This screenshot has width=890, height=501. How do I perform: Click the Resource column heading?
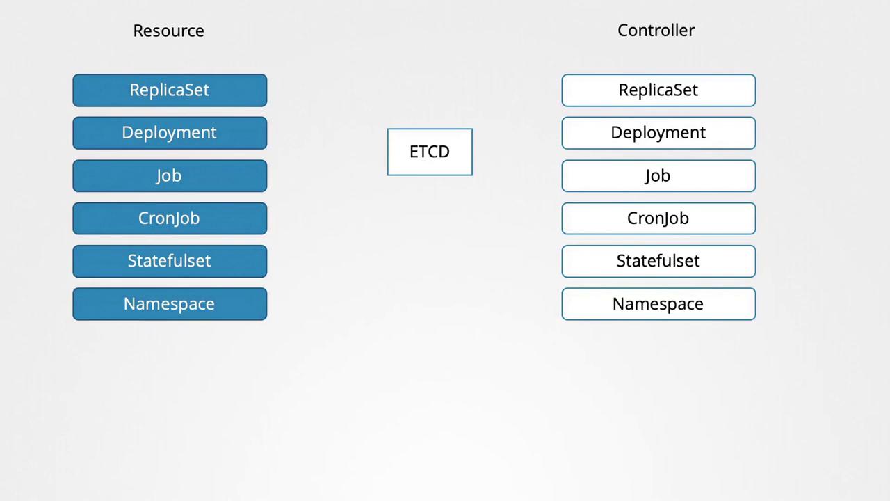coord(168,31)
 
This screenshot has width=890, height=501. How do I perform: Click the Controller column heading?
coord(656,30)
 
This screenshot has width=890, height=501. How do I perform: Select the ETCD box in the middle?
coord(430,152)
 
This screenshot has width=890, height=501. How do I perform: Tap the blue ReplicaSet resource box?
coord(170,90)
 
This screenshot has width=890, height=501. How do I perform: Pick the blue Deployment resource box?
coord(170,133)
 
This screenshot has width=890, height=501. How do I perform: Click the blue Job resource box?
coord(170,176)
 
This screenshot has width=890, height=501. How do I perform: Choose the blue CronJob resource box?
coord(170,218)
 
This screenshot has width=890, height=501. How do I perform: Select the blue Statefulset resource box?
coord(170,261)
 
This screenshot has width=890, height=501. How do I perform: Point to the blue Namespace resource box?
coord(170,304)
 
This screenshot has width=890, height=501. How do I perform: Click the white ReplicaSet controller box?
coord(658,90)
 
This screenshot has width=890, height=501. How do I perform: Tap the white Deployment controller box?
coord(658,133)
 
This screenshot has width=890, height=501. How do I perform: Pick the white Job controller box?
coord(658,176)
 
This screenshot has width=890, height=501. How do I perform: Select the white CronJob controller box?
coord(658,218)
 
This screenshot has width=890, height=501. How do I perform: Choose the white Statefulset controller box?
coord(658,261)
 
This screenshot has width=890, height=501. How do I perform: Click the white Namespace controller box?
coord(658,304)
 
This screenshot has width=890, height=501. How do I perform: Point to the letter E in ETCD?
coord(414,152)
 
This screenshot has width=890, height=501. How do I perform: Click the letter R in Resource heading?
coord(138,31)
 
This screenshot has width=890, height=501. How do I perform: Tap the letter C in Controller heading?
coord(623,31)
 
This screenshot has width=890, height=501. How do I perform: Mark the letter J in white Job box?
coord(648,177)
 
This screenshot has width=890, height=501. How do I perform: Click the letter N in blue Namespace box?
coord(129,304)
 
